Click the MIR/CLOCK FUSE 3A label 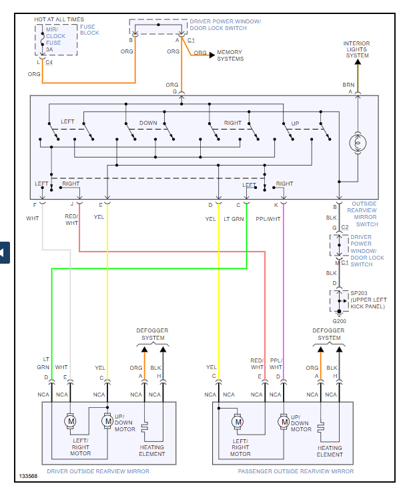pyautogui.click(x=56, y=39)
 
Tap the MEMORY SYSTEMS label pyautogui.click(x=230, y=55)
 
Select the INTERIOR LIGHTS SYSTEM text pyautogui.click(x=357, y=49)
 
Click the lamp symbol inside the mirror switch pyautogui.click(x=357, y=143)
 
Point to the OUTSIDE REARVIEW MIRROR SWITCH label pyautogui.click(x=364, y=214)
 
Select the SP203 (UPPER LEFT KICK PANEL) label pyautogui.click(x=368, y=300)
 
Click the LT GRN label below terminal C pyautogui.click(x=233, y=218)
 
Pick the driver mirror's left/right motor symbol pyautogui.click(x=70, y=421)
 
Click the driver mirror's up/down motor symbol pyautogui.click(x=107, y=421)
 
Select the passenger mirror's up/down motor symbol pyautogui.click(x=284, y=421)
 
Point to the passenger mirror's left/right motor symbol pyautogui.click(x=238, y=421)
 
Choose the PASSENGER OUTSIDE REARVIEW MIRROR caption pyautogui.click(x=296, y=471)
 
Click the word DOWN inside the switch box pyautogui.click(x=148, y=123)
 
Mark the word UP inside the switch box pyautogui.click(x=294, y=123)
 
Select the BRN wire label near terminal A pyautogui.click(x=348, y=85)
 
